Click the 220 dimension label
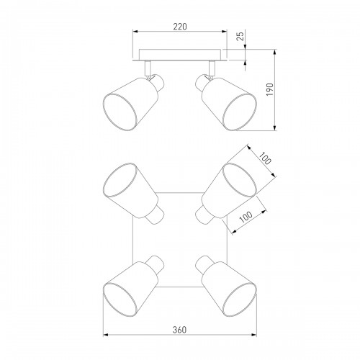(x=180, y=27)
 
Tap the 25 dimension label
(x=240, y=35)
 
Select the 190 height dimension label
(x=270, y=89)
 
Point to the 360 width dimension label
(x=179, y=330)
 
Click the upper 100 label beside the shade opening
(x=265, y=158)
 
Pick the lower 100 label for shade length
(x=246, y=217)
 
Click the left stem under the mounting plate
(x=148, y=68)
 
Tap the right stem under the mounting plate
(x=212, y=68)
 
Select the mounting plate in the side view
(x=180, y=55)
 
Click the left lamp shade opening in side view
(x=120, y=112)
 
